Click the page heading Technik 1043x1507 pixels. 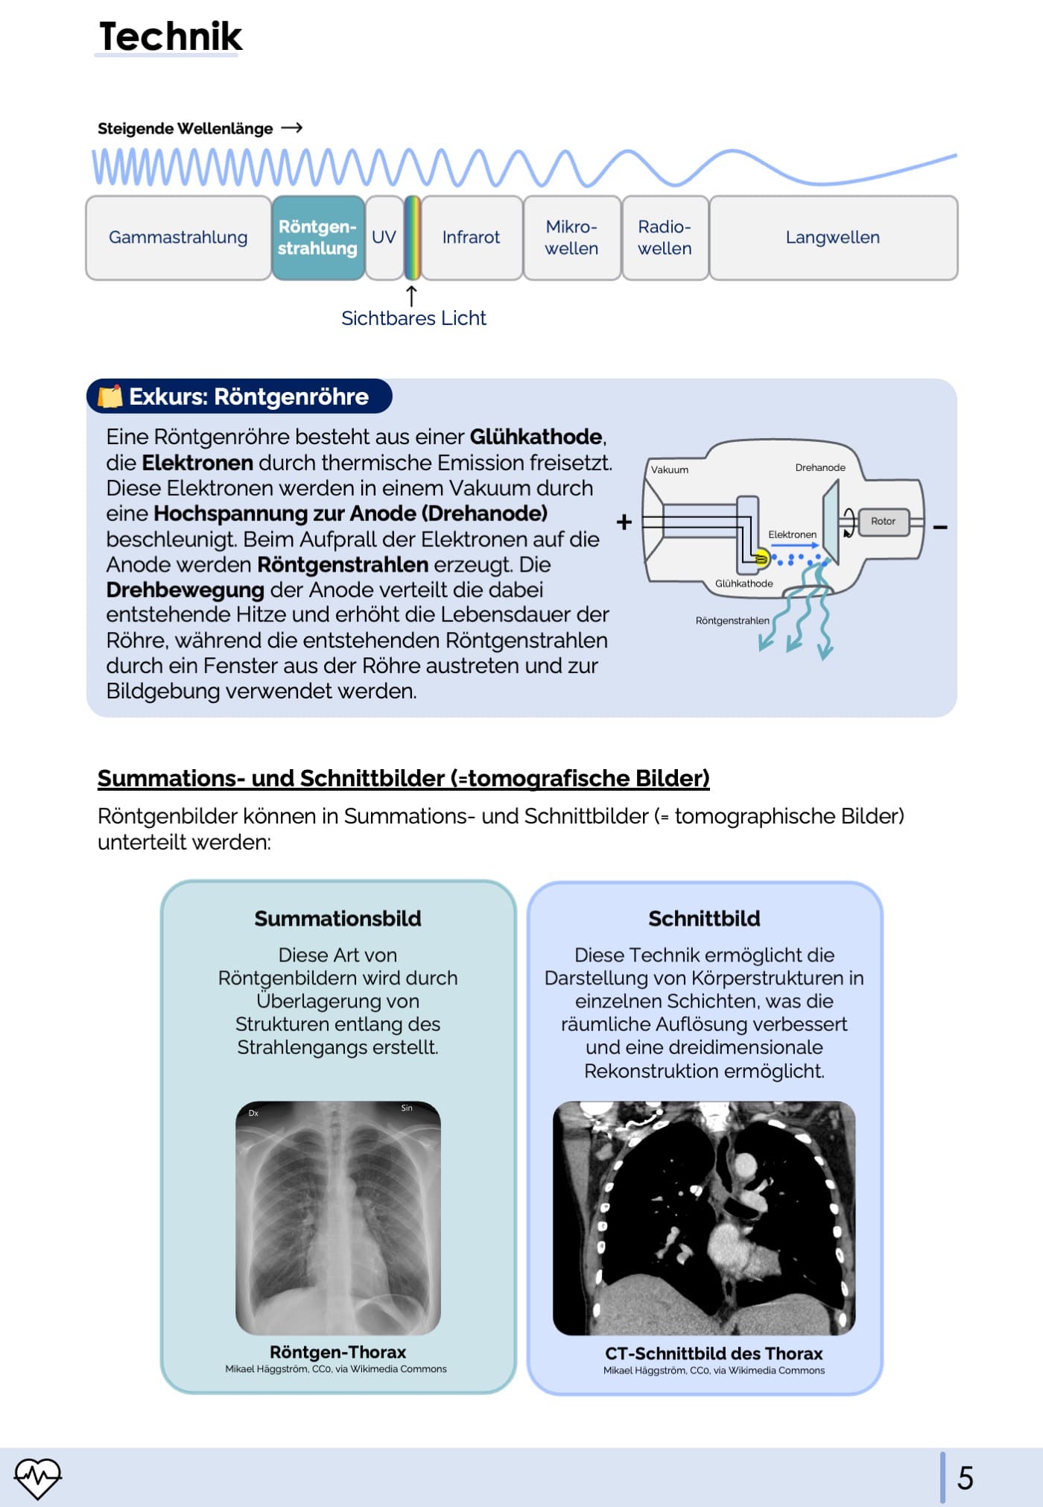point(171,37)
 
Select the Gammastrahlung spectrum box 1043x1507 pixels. point(178,238)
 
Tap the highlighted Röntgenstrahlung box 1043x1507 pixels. point(318,238)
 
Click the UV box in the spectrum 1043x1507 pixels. point(384,238)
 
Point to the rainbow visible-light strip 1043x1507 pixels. point(412,238)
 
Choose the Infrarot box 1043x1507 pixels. point(471,238)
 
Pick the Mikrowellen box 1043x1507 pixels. point(571,238)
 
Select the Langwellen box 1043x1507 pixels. point(833,238)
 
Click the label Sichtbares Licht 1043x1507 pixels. point(413,318)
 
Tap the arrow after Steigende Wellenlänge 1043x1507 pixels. point(292,128)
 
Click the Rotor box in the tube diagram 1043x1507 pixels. point(884,522)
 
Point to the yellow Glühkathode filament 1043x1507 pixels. point(761,557)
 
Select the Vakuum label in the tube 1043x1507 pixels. point(670,470)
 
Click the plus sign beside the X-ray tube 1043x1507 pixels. point(624,522)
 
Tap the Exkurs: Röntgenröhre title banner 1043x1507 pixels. point(239,397)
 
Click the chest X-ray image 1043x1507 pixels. point(338,1217)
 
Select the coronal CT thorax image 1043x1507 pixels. point(704,1218)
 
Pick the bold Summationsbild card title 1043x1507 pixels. point(337,918)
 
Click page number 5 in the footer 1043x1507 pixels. point(966,1478)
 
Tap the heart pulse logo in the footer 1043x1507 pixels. point(37,1477)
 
